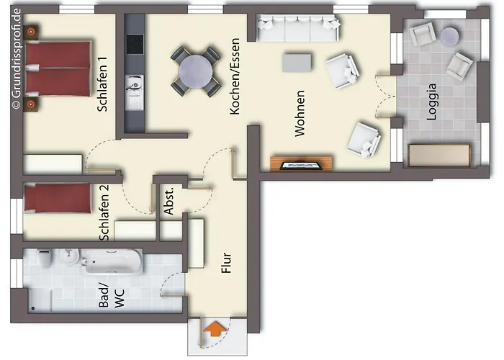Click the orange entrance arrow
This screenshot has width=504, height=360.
[215, 329]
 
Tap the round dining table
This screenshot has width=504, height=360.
[196, 72]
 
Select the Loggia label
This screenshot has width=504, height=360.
[431, 102]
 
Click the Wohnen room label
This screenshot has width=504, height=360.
[300, 114]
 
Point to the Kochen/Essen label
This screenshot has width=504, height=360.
[235, 76]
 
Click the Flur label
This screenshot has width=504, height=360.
[227, 263]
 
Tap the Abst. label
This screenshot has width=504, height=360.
[168, 201]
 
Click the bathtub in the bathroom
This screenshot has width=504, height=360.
[112, 261]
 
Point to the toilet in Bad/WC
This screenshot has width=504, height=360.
[45, 258]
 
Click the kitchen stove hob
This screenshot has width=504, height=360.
[135, 45]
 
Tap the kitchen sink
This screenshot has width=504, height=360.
[135, 92]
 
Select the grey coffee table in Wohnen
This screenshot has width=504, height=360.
[297, 63]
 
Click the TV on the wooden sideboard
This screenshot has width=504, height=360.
[301, 165]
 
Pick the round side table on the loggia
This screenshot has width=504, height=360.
[449, 36]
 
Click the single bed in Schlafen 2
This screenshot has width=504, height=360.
[57, 198]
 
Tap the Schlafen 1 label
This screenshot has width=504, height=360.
[102, 84]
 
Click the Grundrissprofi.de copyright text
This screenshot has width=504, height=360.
[16, 58]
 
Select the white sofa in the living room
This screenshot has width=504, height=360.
[298, 28]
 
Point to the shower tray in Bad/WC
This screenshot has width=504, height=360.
[39, 300]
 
